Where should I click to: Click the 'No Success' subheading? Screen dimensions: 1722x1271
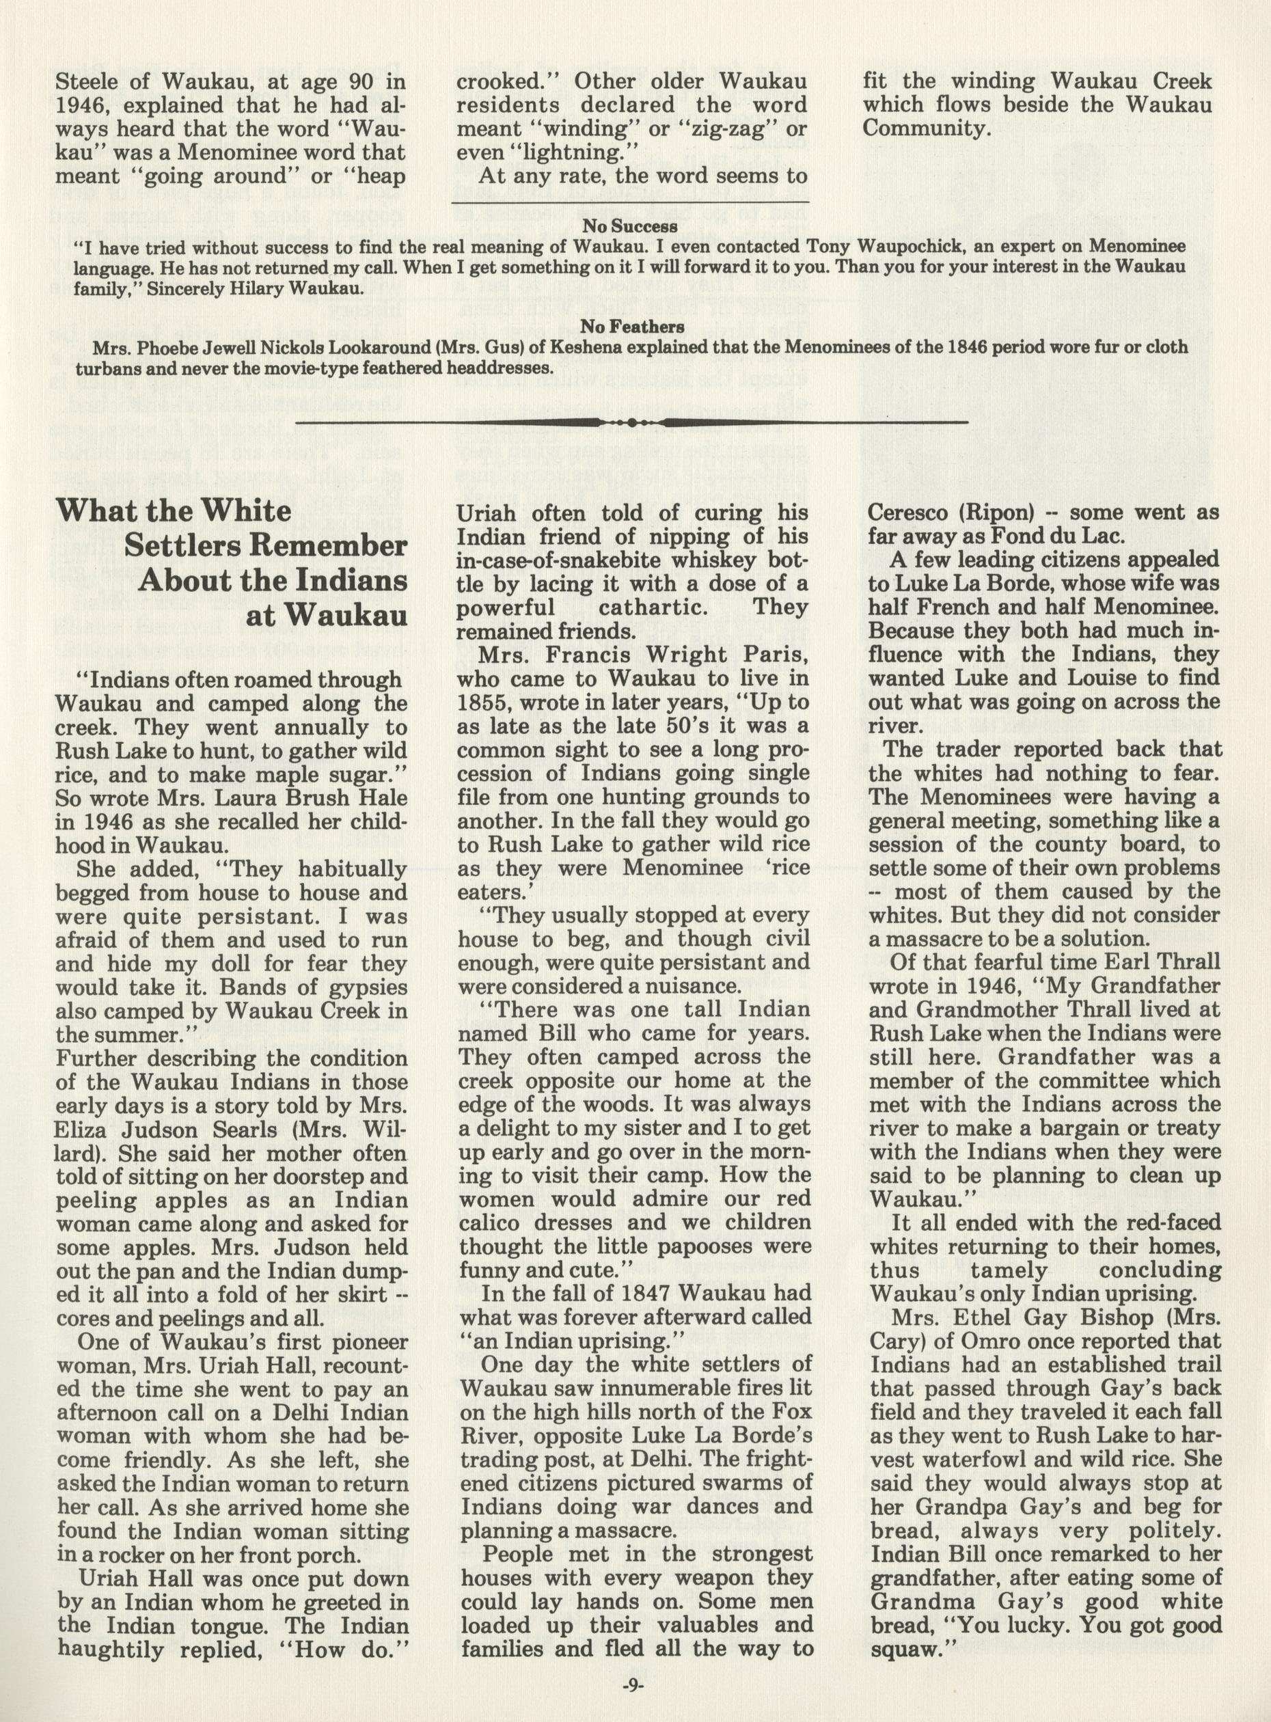pyautogui.click(x=629, y=226)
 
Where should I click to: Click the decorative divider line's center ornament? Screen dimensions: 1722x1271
pyautogui.click(x=631, y=422)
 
